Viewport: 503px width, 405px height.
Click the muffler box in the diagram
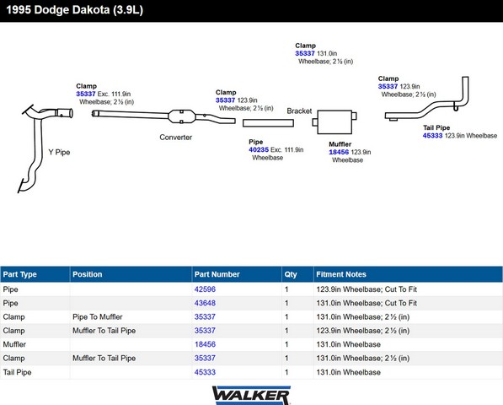coord(334,121)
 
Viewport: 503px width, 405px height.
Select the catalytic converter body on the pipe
coord(181,116)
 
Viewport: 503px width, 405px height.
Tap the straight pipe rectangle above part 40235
coord(268,123)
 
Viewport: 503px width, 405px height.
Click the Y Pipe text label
coord(59,152)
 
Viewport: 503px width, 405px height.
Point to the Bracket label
coord(299,111)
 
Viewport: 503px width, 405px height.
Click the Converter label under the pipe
coord(176,138)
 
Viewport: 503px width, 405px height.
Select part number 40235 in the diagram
coord(259,149)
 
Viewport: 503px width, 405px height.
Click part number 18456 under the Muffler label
coord(339,152)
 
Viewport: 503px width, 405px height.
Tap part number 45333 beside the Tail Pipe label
coord(432,136)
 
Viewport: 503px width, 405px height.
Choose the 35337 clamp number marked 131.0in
coord(305,53)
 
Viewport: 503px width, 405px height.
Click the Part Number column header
coord(217,274)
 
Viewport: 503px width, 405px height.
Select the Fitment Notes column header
coord(341,274)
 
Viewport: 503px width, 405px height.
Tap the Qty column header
coord(291,274)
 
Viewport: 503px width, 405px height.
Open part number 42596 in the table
coord(205,289)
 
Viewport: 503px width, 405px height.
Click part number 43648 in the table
coord(205,303)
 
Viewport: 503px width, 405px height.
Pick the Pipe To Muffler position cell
coord(98,316)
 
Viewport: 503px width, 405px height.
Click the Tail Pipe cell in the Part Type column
coord(17,372)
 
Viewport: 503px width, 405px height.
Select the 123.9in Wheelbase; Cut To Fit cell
coord(367,289)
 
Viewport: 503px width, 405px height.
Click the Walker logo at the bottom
coord(251,395)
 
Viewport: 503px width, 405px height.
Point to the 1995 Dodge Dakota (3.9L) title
coord(74,10)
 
